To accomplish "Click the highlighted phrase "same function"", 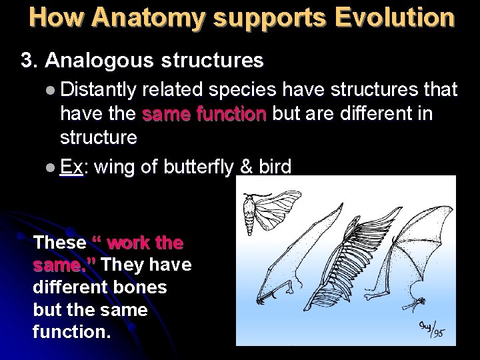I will [204, 114].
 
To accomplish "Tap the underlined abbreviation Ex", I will [71, 166].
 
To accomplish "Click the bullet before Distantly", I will [53, 89].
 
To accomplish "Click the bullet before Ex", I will [53, 167].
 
